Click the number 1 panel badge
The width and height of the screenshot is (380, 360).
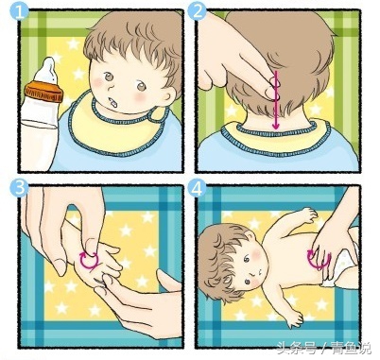(19, 12)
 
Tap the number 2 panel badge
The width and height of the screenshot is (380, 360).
(197, 12)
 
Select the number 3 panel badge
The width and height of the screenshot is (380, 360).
(19, 188)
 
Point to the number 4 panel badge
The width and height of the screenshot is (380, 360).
(197, 189)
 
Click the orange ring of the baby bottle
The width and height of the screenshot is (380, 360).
(43, 91)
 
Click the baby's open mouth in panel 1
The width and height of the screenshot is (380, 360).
(113, 102)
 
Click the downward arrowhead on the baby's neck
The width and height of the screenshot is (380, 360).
(276, 126)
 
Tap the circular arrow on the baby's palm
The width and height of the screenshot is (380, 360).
(89, 260)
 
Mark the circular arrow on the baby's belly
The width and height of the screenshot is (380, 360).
(319, 260)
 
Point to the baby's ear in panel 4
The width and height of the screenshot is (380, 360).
(250, 234)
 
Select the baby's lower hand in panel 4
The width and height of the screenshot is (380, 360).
(295, 317)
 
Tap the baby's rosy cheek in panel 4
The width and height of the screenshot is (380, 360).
(257, 254)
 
